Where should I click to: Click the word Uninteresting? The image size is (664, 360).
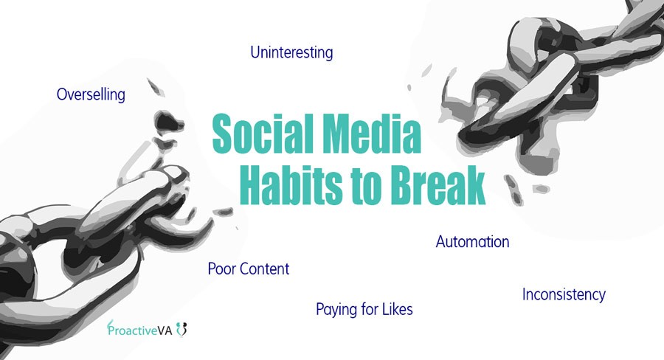(291, 53)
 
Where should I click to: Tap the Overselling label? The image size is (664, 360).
(91, 94)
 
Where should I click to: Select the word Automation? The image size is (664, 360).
(473, 242)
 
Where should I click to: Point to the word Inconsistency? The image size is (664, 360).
(564, 294)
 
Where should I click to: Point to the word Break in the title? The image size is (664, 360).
(437, 184)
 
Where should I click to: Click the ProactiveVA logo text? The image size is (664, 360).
(139, 330)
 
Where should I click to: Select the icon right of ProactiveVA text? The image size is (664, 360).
(181, 330)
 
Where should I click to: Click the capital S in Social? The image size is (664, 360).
(223, 134)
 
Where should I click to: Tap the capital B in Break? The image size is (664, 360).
(401, 184)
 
